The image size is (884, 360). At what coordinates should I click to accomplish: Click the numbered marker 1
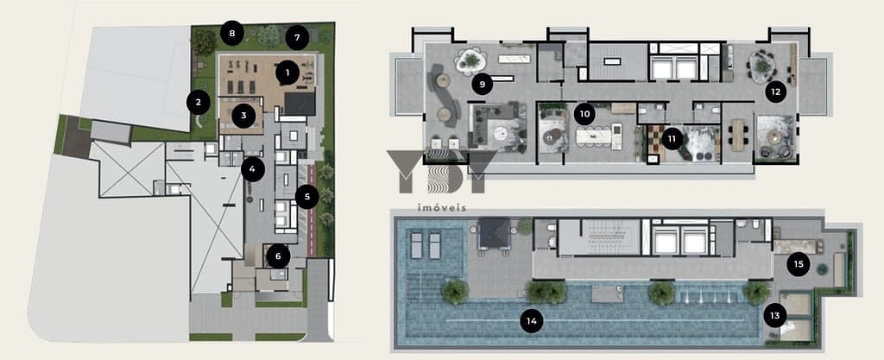[x=287, y=73]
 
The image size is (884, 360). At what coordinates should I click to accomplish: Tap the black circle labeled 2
[x=199, y=103]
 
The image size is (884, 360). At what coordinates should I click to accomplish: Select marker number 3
[x=243, y=116]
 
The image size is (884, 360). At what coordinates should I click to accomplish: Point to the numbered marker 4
[x=253, y=169]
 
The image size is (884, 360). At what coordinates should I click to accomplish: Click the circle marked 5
[x=307, y=197]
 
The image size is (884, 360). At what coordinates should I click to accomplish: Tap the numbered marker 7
[x=297, y=38]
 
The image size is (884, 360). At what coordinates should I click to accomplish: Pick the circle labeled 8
[x=231, y=33]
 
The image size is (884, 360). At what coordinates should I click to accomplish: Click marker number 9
[x=482, y=85]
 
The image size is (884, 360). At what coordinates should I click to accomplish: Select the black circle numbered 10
[x=584, y=114]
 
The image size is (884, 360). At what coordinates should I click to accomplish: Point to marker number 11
[x=672, y=138]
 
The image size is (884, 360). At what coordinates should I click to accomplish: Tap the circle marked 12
[x=776, y=92]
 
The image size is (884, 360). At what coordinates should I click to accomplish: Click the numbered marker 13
[x=775, y=316]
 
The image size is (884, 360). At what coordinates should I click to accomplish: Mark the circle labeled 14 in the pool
[x=531, y=322]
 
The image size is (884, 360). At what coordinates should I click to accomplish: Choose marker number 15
[x=799, y=264]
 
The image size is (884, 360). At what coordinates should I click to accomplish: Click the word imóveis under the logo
[x=441, y=208]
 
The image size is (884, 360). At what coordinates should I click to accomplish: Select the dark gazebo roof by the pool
[x=494, y=234]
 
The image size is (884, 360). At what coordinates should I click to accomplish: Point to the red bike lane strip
[x=309, y=209]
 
